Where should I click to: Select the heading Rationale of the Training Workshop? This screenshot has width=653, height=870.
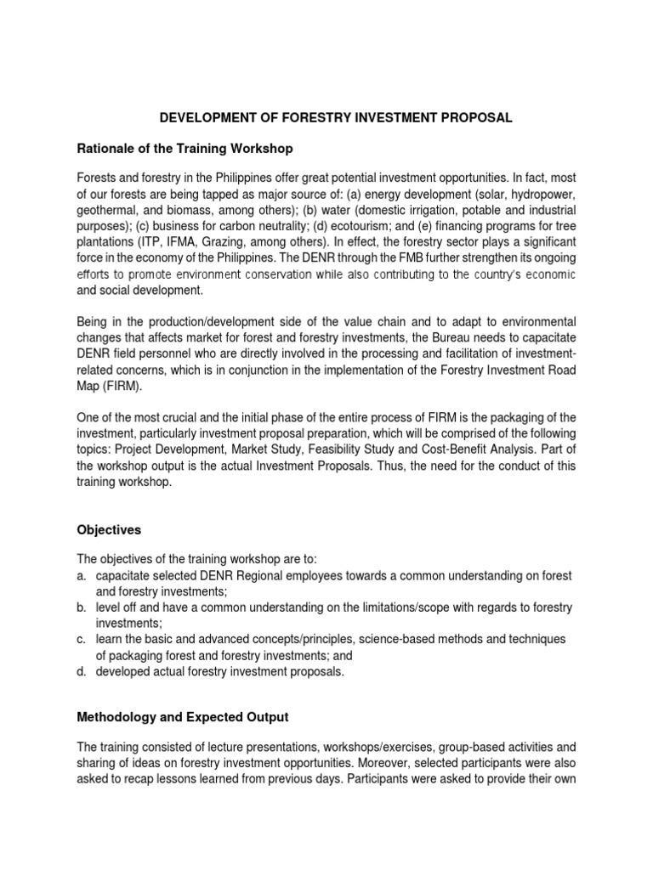[185, 149]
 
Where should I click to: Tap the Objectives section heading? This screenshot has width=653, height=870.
[109, 529]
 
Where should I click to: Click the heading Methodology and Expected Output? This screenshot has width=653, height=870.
[185, 718]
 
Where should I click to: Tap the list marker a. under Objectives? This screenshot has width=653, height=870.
[81, 575]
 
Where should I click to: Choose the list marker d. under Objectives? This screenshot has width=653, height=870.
[81, 672]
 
